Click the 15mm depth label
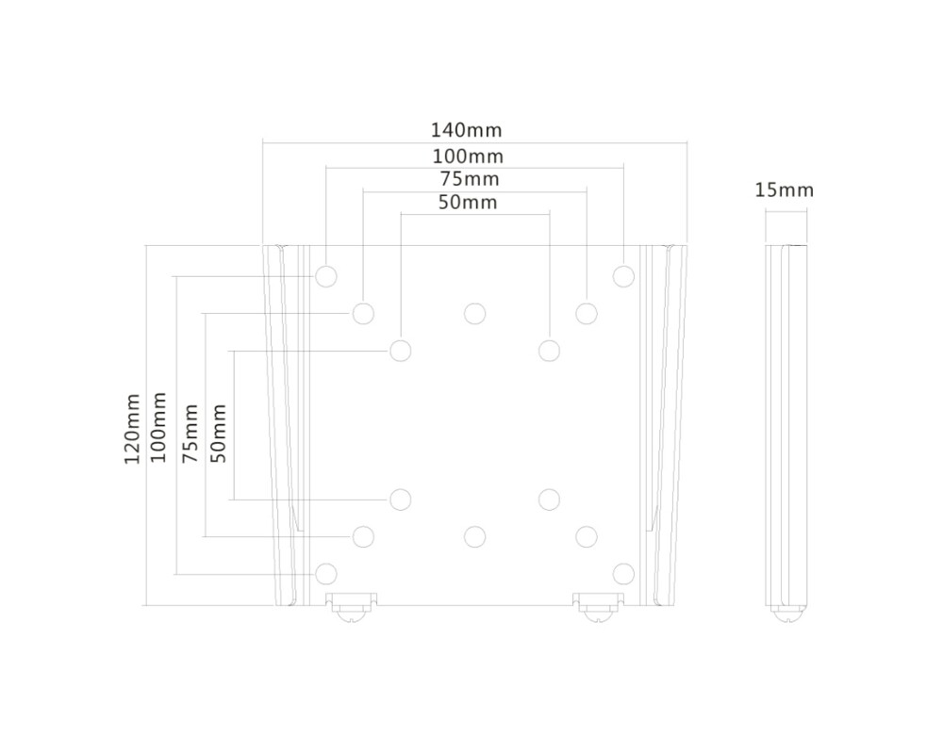pos(784,190)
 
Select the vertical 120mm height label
pos(132,429)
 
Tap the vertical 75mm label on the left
pos(190,433)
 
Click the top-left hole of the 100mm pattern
pos(326,276)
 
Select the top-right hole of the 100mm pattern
pos(623,276)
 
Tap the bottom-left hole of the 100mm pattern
pos(326,573)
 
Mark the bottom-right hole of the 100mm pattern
pos(623,573)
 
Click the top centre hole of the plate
pos(474,313)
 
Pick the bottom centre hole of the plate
pos(474,536)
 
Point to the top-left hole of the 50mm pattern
pos(401,351)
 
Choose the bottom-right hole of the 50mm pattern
pos(549,499)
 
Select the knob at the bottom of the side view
pos(786,611)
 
